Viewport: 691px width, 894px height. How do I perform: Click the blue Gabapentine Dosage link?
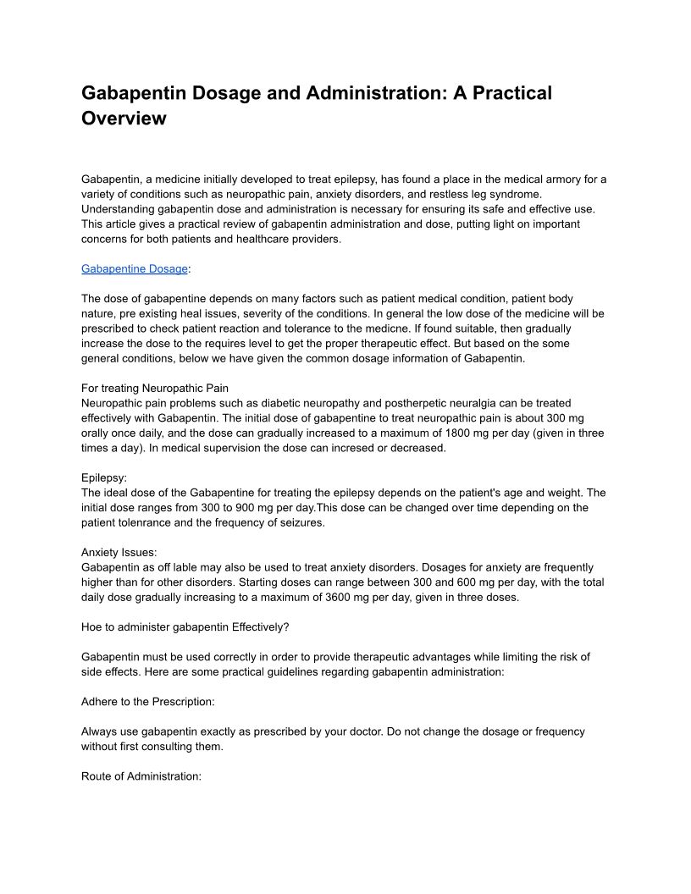[135, 268]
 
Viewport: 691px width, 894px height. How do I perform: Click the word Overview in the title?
[124, 119]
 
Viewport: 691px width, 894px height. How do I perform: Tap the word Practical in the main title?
[506, 93]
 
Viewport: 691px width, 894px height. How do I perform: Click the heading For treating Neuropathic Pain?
[155, 388]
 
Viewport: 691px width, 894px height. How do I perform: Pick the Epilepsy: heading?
[104, 477]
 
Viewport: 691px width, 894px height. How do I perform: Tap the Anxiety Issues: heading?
[119, 552]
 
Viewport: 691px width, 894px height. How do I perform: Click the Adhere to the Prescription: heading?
[148, 702]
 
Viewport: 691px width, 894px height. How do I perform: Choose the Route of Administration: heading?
[141, 776]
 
